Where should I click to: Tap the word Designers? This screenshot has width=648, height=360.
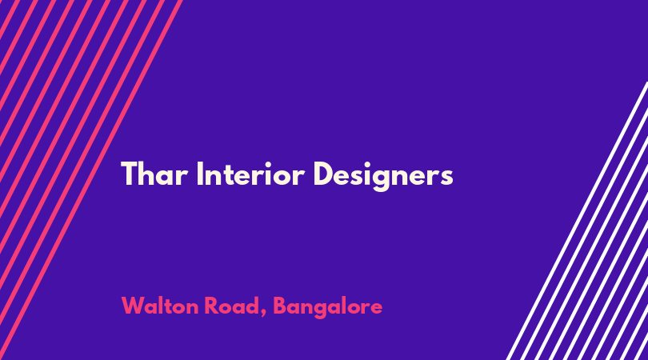(383, 176)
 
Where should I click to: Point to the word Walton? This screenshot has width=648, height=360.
(160, 306)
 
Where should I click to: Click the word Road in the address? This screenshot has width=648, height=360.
(232, 306)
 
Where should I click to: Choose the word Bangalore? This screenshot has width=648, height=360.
(328, 308)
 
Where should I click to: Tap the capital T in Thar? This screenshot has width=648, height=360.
(129, 174)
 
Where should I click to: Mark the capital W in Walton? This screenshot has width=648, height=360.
(133, 306)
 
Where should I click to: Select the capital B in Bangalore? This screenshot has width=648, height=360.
(280, 306)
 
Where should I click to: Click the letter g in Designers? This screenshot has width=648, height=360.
(381, 179)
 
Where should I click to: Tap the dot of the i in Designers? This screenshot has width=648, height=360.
(366, 164)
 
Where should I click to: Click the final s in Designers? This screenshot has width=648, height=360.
(446, 178)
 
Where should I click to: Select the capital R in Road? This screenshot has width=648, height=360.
(211, 306)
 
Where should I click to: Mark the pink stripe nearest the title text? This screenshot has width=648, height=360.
(90, 180)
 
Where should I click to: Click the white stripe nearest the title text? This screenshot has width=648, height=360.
(578, 220)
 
